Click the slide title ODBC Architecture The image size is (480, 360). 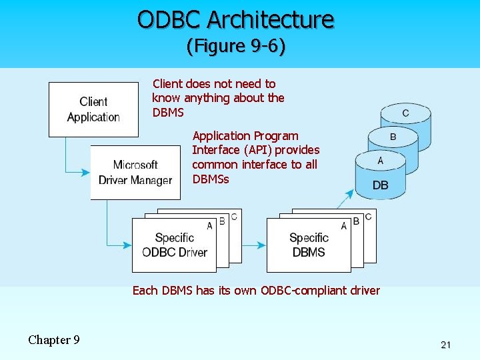click(x=235, y=19)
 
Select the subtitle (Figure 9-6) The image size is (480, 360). click(x=235, y=46)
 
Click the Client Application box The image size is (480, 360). click(x=93, y=109)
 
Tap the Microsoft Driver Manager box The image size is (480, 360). click(x=135, y=173)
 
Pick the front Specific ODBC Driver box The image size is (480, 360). click(x=174, y=245)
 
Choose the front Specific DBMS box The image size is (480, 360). click(x=308, y=245)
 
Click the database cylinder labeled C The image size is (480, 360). click(x=405, y=113)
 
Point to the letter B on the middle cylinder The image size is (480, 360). click(x=393, y=137)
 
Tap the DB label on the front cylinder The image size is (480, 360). click(x=380, y=185)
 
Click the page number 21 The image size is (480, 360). click(x=446, y=345)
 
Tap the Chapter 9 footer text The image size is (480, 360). click(x=54, y=340)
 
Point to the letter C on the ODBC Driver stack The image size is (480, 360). click(x=233, y=217)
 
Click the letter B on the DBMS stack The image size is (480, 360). click(x=356, y=221)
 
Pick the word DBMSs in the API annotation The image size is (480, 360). click(x=210, y=179)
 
